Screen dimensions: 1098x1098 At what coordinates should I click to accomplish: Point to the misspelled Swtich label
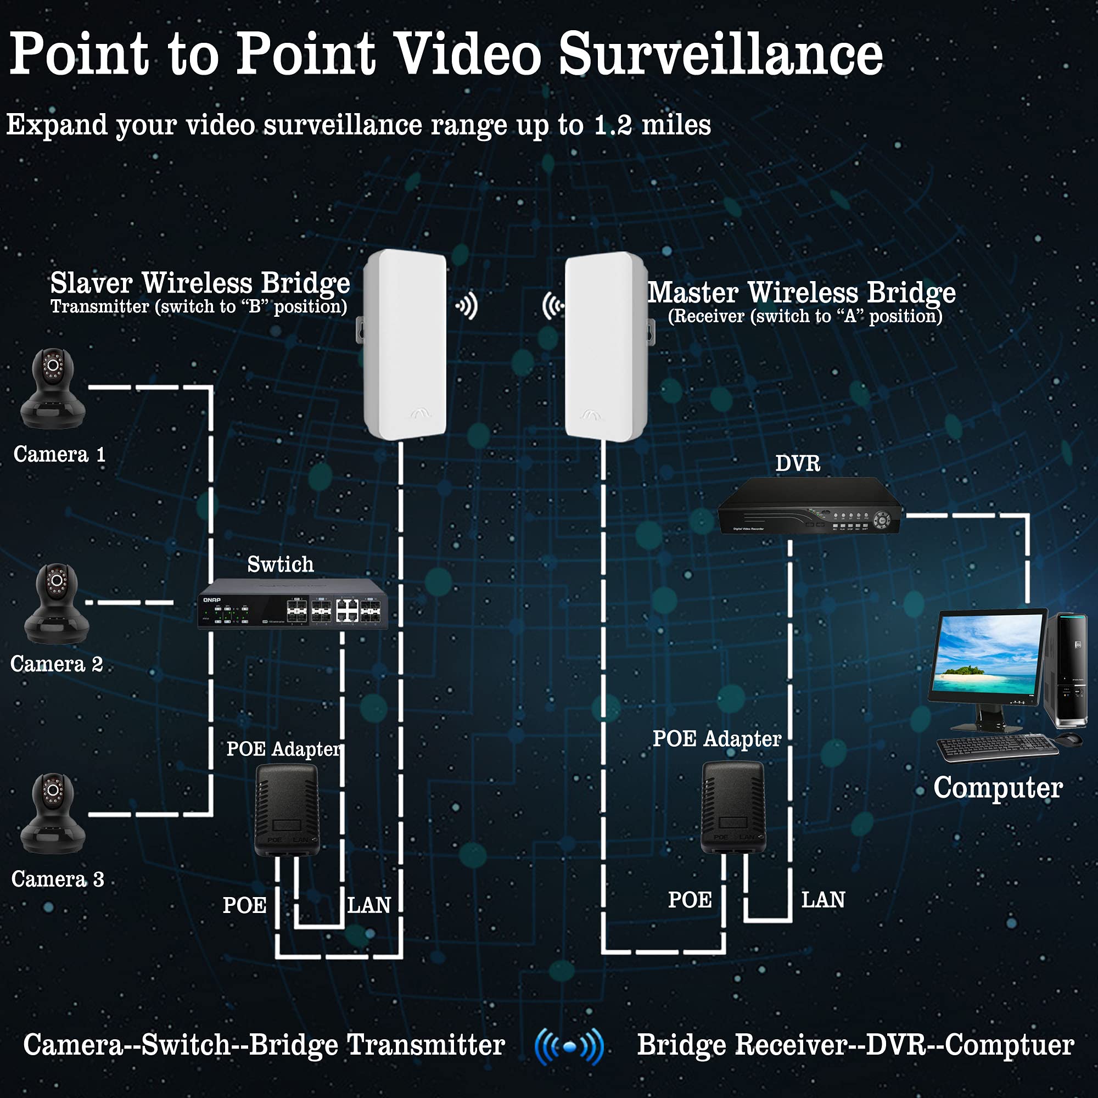[x=280, y=564]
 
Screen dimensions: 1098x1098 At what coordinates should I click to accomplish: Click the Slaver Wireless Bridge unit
[x=405, y=344]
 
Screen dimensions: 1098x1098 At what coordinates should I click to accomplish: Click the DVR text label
[x=798, y=464]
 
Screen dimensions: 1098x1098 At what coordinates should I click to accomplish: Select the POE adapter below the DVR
[x=733, y=807]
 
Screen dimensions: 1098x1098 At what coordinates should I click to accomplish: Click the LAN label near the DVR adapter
[x=823, y=900]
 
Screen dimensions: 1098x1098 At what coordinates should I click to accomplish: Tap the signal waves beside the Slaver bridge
[x=467, y=306]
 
